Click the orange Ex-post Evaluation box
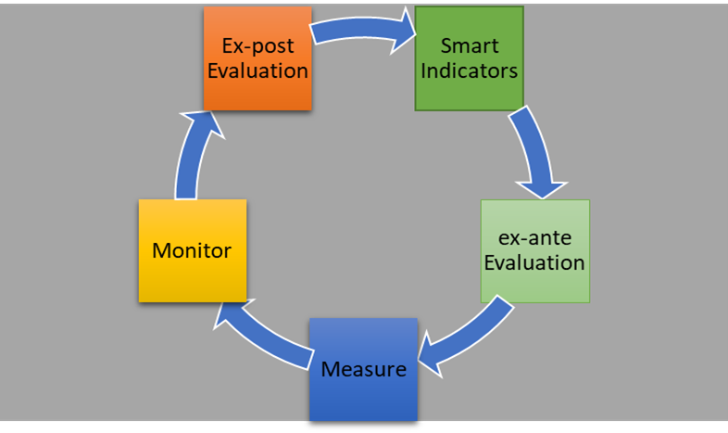[x=257, y=58]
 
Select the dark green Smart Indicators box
[x=470, y=58]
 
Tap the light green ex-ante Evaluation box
[x=535, y=251]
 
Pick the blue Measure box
[x=363, y=370]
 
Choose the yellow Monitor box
[x=193, y=251]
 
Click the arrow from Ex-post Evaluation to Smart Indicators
[x=362, y=29]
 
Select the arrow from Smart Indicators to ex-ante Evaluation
[x=533, y=148]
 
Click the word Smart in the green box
[x=470, y=45]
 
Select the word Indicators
[x=469, y=70]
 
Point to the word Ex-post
[x=257, y=46]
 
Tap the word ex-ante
[x=534, y=238]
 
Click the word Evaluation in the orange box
[x=257, y=70]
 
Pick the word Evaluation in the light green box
[x=534, y=263]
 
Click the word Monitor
[x=192, y=251]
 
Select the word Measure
[x=363, y=370]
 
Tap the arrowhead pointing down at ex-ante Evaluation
[x=542, y=189]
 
